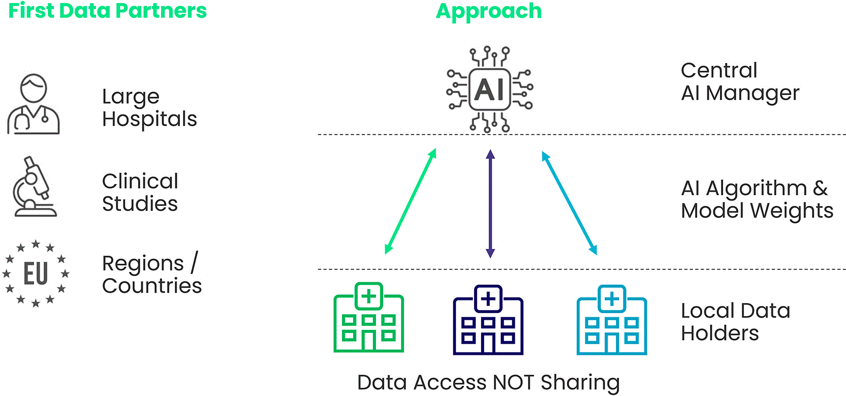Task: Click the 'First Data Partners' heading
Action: pos(108,11)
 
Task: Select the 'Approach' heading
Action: pos(489,11)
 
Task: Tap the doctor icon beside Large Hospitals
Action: pos(33,104)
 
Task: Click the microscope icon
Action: pos(35,186)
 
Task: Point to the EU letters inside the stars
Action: pos(36,273)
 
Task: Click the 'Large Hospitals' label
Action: pos(149,108)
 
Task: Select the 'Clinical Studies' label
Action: pos(140,192)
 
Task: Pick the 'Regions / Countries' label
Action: pos(152,274)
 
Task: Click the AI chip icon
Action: pos(489,89)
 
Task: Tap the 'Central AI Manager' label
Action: pos(740,82)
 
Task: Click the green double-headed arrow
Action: pos(411,201)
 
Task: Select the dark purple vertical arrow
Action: pos(490,204)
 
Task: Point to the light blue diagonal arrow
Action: pos(570,203)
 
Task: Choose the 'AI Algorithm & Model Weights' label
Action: pos(757,199)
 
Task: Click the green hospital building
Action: pos(368,317)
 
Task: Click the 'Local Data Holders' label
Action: pos(735,322)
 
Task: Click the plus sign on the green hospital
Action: pos(369,296)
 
